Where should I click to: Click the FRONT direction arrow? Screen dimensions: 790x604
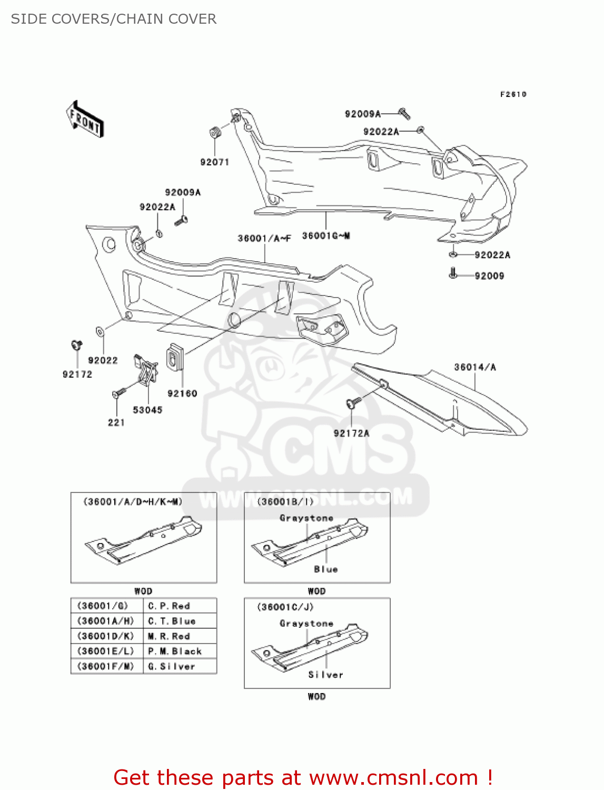[x=85, y=120]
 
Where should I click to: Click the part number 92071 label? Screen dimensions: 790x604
[x=214, y=162]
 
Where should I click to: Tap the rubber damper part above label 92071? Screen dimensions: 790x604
[x=215, y=132]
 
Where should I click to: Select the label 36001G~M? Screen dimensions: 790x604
[x=326, y=236]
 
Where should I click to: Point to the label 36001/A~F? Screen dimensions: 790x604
[x=264, y=239]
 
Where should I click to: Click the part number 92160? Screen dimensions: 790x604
[x=182, y=393]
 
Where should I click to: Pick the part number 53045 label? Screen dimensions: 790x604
[x=147, y=410]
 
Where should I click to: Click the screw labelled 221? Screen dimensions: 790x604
[x=118, y=393]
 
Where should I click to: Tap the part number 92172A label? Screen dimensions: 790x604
[x=351, y=433]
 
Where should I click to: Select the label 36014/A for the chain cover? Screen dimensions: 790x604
[x=475, y=367]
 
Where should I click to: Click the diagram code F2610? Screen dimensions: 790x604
[x=513, y=94]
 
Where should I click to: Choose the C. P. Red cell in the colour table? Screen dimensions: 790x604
[x=169, y=606]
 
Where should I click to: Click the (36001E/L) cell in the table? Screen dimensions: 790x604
[x=106, y=651]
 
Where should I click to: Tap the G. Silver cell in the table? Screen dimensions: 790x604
[x=172, y=667]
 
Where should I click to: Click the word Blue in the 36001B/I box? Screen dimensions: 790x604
[x=325, y=569]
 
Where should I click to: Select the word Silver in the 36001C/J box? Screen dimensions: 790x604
[x=325, y=675]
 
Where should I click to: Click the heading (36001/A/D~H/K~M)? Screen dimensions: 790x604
[x=133, y=502]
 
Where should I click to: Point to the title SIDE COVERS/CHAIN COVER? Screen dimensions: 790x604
[x=114, y=19]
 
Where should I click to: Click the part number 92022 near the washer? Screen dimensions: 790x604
[x=103, y=360]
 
